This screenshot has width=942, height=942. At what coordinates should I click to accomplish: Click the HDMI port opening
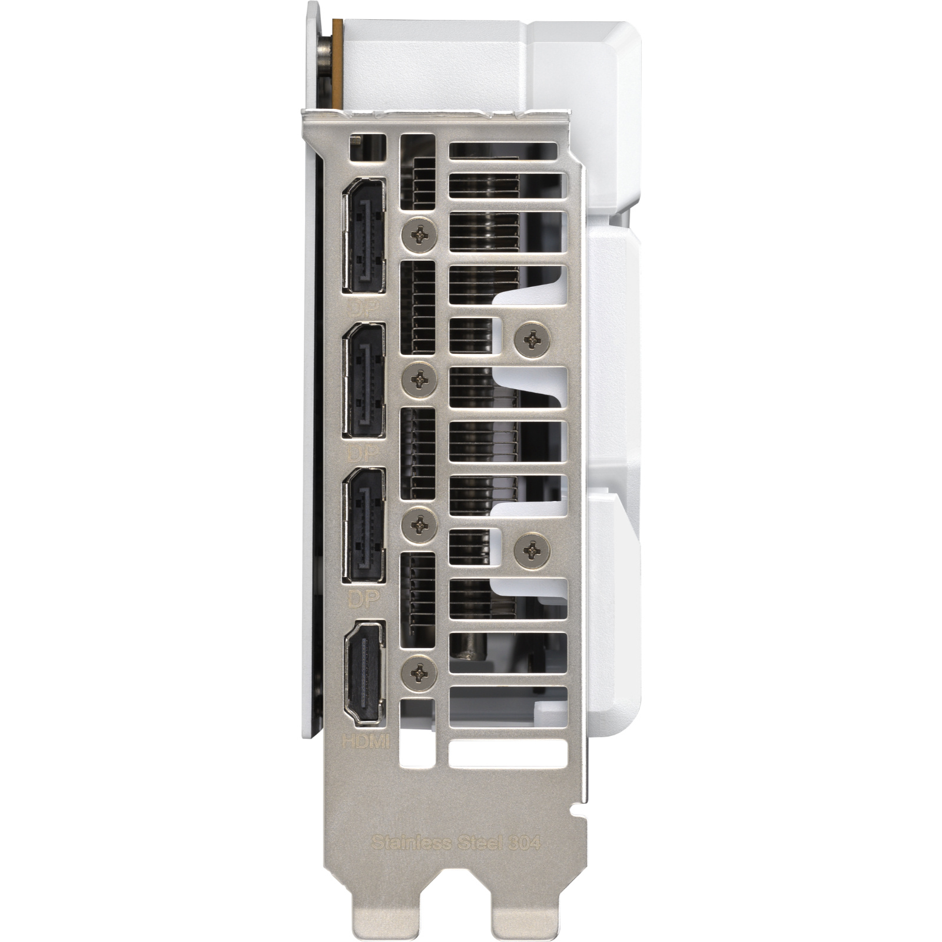[364, 672]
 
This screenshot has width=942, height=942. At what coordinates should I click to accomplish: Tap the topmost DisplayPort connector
[364, 234]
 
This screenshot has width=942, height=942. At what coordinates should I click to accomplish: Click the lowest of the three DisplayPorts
[364, 524]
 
